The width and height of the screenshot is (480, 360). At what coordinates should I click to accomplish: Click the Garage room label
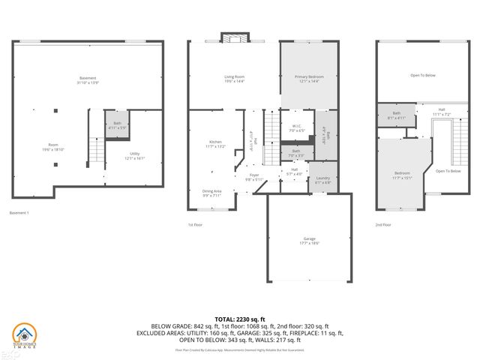coord(309,240)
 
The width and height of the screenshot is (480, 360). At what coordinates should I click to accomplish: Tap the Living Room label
coord(235,79)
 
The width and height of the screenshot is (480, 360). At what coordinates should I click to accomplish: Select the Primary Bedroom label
coord(309,79)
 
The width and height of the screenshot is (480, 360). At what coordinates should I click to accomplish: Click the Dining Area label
coord(211,192)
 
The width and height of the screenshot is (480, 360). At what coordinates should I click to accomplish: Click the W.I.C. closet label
coord(295,128)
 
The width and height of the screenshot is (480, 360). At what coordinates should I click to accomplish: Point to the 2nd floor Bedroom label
coord(403,175)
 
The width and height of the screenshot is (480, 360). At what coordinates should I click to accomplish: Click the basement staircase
coord(95,152)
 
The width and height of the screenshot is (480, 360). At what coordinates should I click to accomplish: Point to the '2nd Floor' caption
coord(384,224)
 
